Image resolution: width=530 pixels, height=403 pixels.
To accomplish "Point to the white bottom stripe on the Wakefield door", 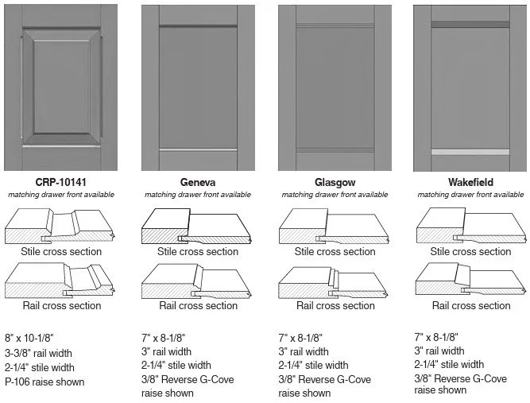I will [470, 151].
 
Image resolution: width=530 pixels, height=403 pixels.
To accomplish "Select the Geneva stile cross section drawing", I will [198, 227].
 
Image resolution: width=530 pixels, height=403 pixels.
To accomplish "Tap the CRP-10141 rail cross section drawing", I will [60, 281].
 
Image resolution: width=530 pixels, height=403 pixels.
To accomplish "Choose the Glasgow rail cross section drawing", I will [335, 281].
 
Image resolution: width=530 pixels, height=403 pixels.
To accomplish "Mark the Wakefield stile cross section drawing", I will [471, 227].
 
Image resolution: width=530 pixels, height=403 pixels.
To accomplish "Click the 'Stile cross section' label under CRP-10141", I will [61, 252].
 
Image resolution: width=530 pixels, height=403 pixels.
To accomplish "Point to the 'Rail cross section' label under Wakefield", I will [471, 305].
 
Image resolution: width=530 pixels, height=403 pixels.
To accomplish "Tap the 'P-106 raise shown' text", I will [44, 382].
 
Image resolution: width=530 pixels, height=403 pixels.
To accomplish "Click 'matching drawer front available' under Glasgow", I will [335, 195].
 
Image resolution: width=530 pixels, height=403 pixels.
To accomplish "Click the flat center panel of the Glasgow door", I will [335, 87].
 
